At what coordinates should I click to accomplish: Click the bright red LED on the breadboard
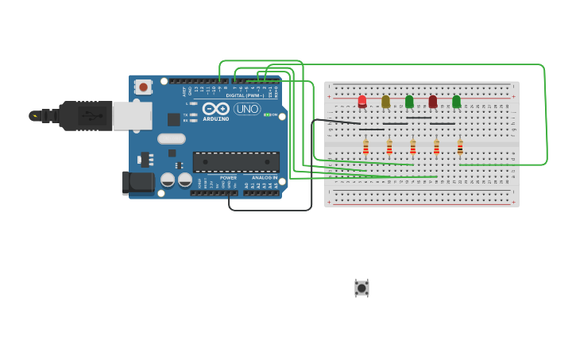362,101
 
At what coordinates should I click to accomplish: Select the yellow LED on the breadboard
386,101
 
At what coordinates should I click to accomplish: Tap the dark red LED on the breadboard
433,101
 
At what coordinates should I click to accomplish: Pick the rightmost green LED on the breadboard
456,101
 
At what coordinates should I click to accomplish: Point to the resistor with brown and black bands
460,147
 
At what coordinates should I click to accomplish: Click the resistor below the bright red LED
365,147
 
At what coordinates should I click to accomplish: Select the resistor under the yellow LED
389,147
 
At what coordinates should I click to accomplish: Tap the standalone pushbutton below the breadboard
361,288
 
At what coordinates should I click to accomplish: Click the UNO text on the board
247,109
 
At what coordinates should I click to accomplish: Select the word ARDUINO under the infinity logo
215,119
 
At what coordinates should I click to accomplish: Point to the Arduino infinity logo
215,108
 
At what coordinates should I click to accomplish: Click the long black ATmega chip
236,161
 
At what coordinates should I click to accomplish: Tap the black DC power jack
139,183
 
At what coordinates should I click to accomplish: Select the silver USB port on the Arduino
132,115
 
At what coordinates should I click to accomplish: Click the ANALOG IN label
265,177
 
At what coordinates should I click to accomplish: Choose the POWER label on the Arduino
228,177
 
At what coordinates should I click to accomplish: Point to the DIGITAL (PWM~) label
245,95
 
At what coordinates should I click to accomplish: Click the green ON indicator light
267,114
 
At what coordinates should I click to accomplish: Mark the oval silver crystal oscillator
172,139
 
